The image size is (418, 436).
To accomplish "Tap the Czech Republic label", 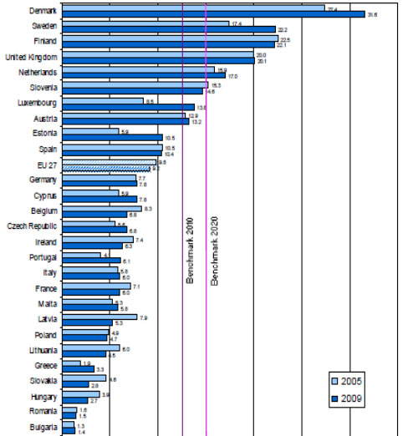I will pyautogui.click(x=33, y=226).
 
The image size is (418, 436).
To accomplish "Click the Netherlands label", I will pyautogui.click(x=38, y=72).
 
